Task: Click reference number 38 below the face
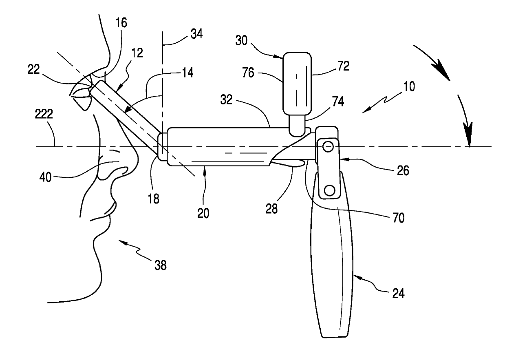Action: (160, 265)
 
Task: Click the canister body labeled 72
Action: (297, 83)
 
